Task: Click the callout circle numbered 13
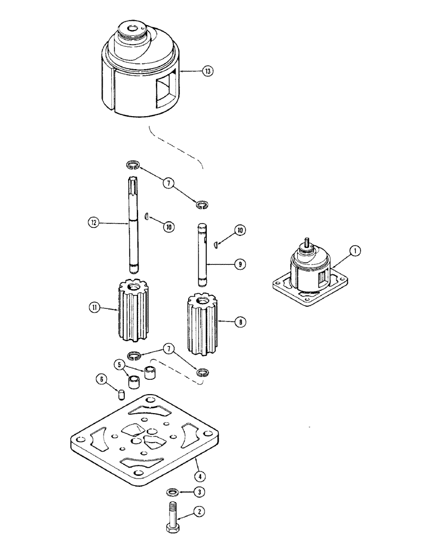[x=207, y=71]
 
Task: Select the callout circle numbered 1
[x=354, y=251]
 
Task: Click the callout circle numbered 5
[x=118, y=364]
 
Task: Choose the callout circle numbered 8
[x=239, y=323]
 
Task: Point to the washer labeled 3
[x=172, y=493]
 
